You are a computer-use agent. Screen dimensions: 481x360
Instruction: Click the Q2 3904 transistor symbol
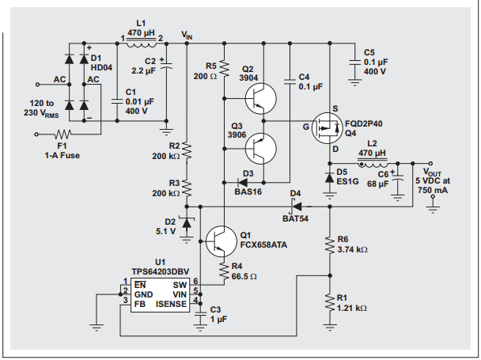point(261,99)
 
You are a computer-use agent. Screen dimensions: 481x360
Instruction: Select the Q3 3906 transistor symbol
point(261,149)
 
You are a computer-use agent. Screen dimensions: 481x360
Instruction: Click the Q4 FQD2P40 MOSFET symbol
point(327,128)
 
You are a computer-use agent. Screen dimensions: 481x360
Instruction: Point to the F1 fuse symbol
point(62,135)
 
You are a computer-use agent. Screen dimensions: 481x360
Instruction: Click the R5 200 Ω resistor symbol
point(224,69)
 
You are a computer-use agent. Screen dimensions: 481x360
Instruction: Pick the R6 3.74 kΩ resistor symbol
point(330,245)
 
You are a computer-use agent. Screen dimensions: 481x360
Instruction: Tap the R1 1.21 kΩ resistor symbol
point(330,302)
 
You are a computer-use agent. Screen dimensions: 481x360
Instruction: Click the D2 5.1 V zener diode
point(187,222)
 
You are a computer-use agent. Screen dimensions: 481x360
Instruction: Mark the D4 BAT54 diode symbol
point(296,207)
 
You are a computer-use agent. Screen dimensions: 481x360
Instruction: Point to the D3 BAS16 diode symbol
point(243,183)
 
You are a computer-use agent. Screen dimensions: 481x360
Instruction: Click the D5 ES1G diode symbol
point(330,178)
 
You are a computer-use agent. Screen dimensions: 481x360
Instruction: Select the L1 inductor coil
point(141,44)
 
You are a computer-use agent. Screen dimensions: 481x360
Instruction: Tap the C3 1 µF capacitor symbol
point(201,315)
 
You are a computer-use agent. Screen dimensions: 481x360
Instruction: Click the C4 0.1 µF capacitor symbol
point(290,81)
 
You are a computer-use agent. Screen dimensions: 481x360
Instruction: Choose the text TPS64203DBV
point(160,272)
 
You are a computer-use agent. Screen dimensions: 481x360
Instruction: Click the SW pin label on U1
point(180,285)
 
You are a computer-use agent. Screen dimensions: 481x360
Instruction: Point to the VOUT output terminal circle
point(430,164)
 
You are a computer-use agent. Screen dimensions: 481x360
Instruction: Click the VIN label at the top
point(187,35)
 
